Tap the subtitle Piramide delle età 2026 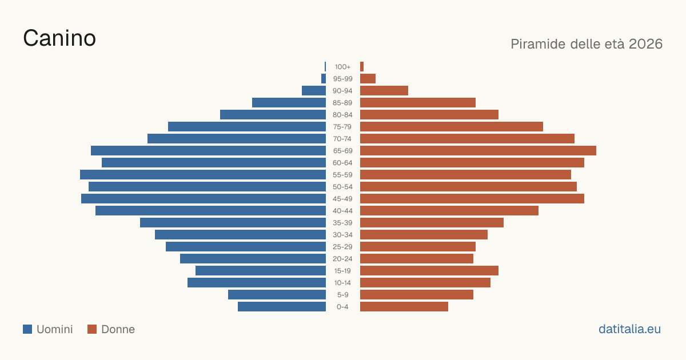(x=587, y=44)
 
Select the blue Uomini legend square (x=27, y=329)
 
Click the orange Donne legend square (x=92, y=329)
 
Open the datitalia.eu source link (x=629, y=329)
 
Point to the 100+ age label (x=342, y=67)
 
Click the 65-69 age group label (x=342, y=151)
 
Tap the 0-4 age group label (x=342, y=307)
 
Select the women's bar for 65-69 (x=478, y=151)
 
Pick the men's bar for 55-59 (x=203, y=174)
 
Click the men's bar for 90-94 (x=314, y=91)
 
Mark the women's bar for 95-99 (x=368, y=79)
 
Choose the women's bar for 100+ (x=362, y=67)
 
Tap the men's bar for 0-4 (x=282, y=307)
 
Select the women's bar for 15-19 (x=429, y=271)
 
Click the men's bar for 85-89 (x=289, y=102)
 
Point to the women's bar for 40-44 (x=449, y=211)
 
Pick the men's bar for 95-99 (x=324, y=79)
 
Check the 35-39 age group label (x=342, y=222)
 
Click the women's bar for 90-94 (x=384, y=91)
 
